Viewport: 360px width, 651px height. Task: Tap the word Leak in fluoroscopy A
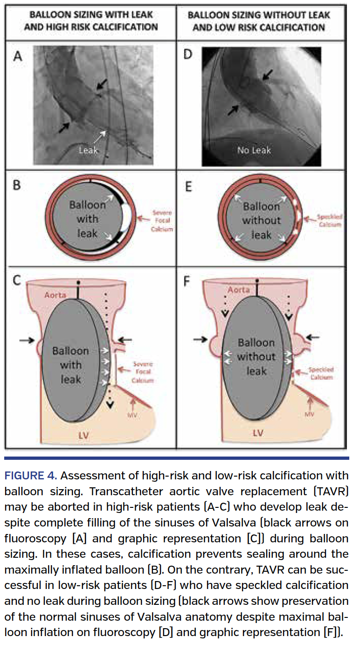coord(88,150)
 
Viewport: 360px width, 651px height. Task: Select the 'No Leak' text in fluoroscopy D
coord(254,150)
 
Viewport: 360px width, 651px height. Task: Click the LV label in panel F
coord(257,433)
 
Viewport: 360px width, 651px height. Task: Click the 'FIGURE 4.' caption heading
coord(30,476)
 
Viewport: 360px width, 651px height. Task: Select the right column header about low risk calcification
coord(259,21)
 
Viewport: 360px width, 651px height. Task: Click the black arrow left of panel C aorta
coord(28,340)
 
